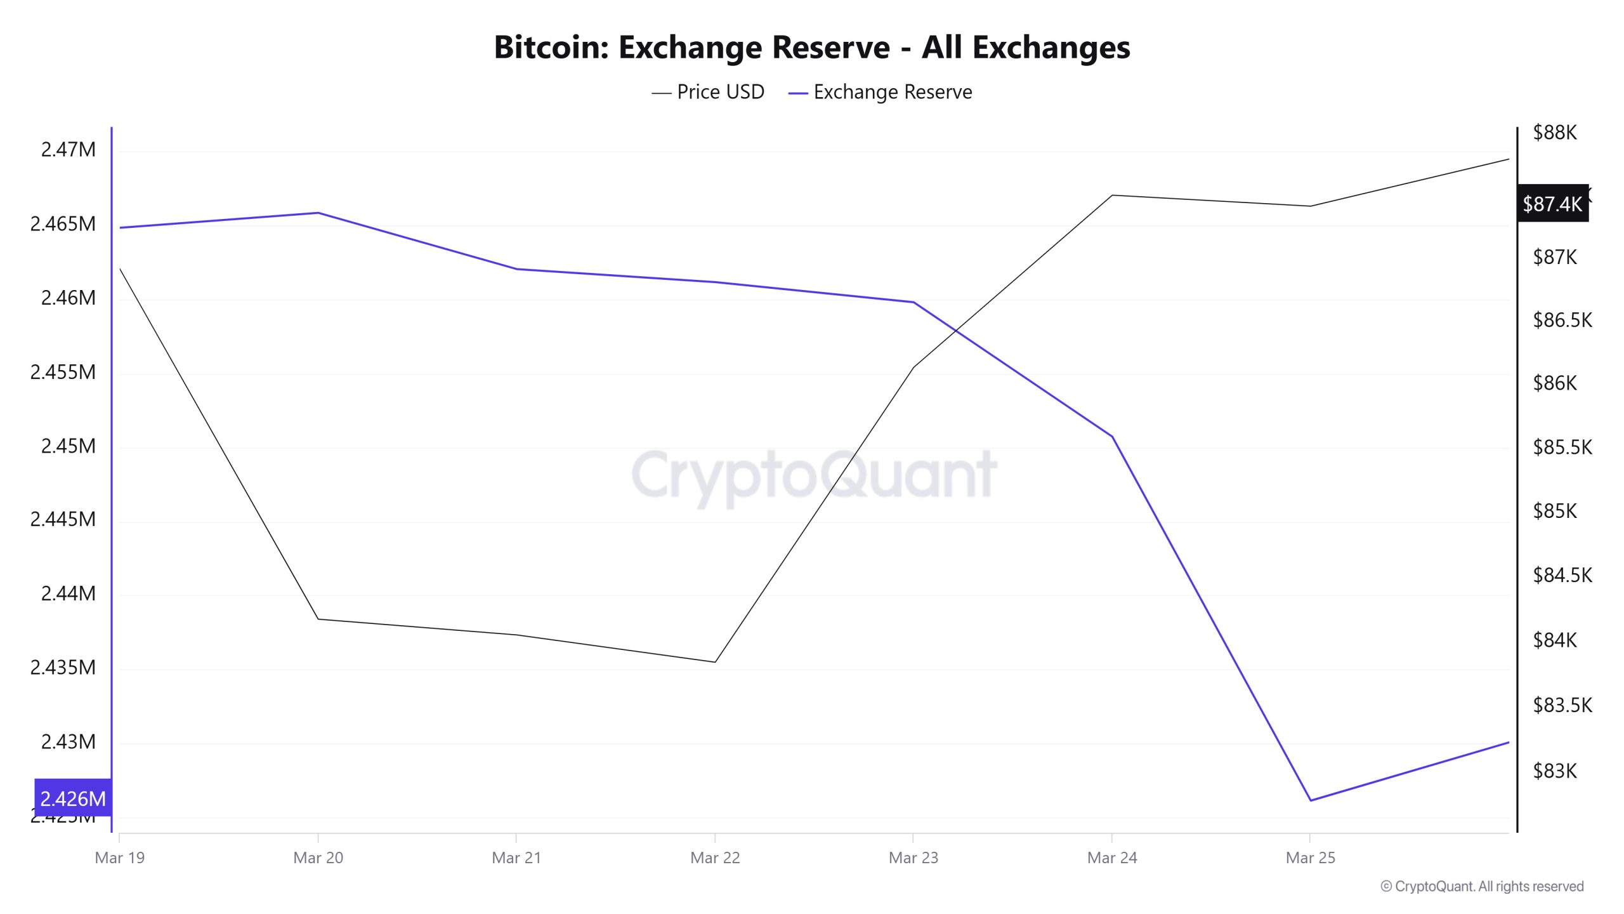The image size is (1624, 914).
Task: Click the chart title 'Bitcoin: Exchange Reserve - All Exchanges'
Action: tap(812, 48)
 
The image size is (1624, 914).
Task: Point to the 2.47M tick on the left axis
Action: tap(68, 150)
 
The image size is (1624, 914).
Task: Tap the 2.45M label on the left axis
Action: tap(68, 446)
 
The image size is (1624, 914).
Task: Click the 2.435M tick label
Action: tap(63, 668)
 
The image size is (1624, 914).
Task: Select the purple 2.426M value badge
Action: tap(73, 798)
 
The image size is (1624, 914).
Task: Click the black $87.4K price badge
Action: tap(1552, 204)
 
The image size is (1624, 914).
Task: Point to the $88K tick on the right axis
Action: tap(1554, 133)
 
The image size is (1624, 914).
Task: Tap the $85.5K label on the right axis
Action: tap(1562, 447)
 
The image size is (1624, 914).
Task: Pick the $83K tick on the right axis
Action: tap(1554, 771)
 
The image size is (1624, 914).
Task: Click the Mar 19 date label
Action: tap(119, 858)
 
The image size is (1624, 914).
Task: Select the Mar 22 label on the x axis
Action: tap(715, 858)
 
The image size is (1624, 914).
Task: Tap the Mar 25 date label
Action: tap(1310, 858)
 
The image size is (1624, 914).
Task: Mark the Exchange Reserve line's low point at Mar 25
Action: tap(1310, 800)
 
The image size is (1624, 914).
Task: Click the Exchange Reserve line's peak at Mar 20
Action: tap(318, 213)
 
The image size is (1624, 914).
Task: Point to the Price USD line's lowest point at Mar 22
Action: tap(715, 662)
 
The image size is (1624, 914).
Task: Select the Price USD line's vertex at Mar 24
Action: tap(1112, 195)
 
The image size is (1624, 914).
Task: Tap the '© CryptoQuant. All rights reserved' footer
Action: tap(1482, 887)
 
